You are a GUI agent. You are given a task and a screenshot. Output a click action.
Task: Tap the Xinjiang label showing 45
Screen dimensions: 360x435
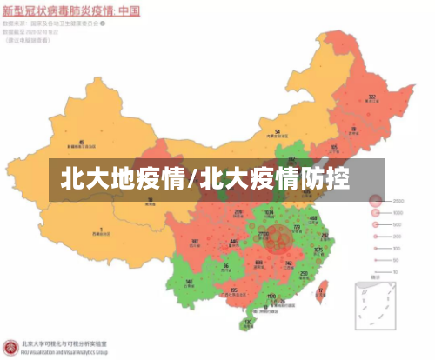coord(82,141)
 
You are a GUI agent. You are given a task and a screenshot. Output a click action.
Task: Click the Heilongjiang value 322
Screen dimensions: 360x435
coord(371,97)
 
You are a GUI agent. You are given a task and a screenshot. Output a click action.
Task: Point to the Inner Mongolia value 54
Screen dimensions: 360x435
coord(278,132)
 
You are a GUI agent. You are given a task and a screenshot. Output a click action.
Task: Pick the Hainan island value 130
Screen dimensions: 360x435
coord(248,322)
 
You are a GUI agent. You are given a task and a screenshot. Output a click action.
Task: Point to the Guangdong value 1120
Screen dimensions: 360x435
coord(271,297)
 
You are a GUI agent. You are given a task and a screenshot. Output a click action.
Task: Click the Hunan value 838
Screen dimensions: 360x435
coord(259,262)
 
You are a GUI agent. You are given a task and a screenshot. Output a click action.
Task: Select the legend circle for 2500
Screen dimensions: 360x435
coord(376,199)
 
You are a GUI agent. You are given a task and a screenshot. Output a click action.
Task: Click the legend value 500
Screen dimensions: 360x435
coord(398,225)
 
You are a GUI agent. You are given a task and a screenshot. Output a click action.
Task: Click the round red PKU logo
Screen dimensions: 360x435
coord(10,347)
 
